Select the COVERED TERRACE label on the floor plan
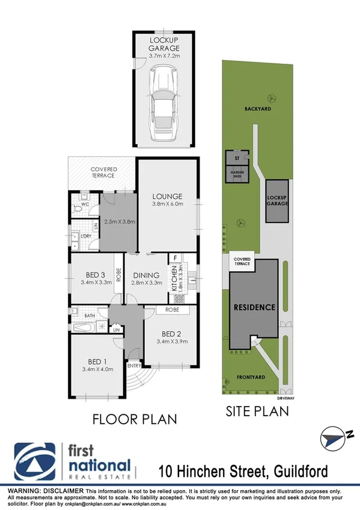pos(104,173)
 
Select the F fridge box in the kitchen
pos(174,259)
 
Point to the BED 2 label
pos(171,334)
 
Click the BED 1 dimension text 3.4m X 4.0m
pos(97,369)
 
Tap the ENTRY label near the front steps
pos(133,365)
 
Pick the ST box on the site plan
pos(237,158)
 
